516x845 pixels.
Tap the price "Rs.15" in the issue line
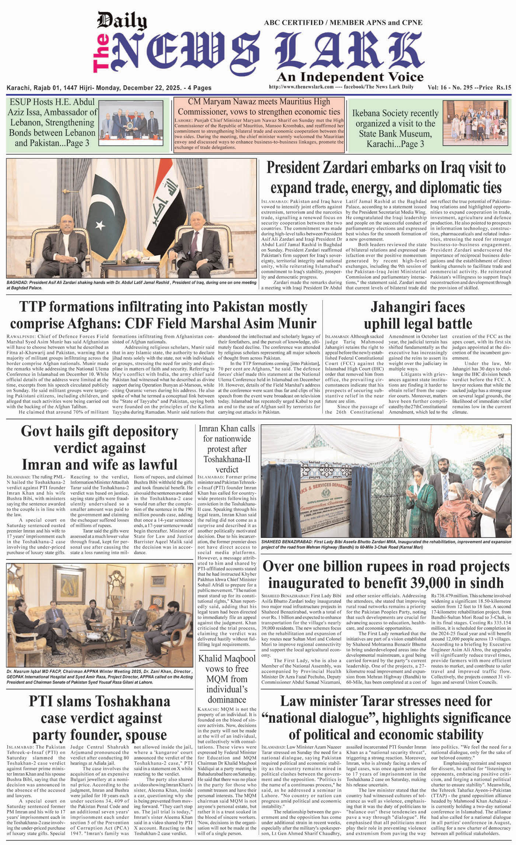(503, 88)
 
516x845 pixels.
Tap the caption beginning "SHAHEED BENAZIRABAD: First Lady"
(386, 544)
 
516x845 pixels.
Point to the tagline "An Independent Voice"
(350, 77)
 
